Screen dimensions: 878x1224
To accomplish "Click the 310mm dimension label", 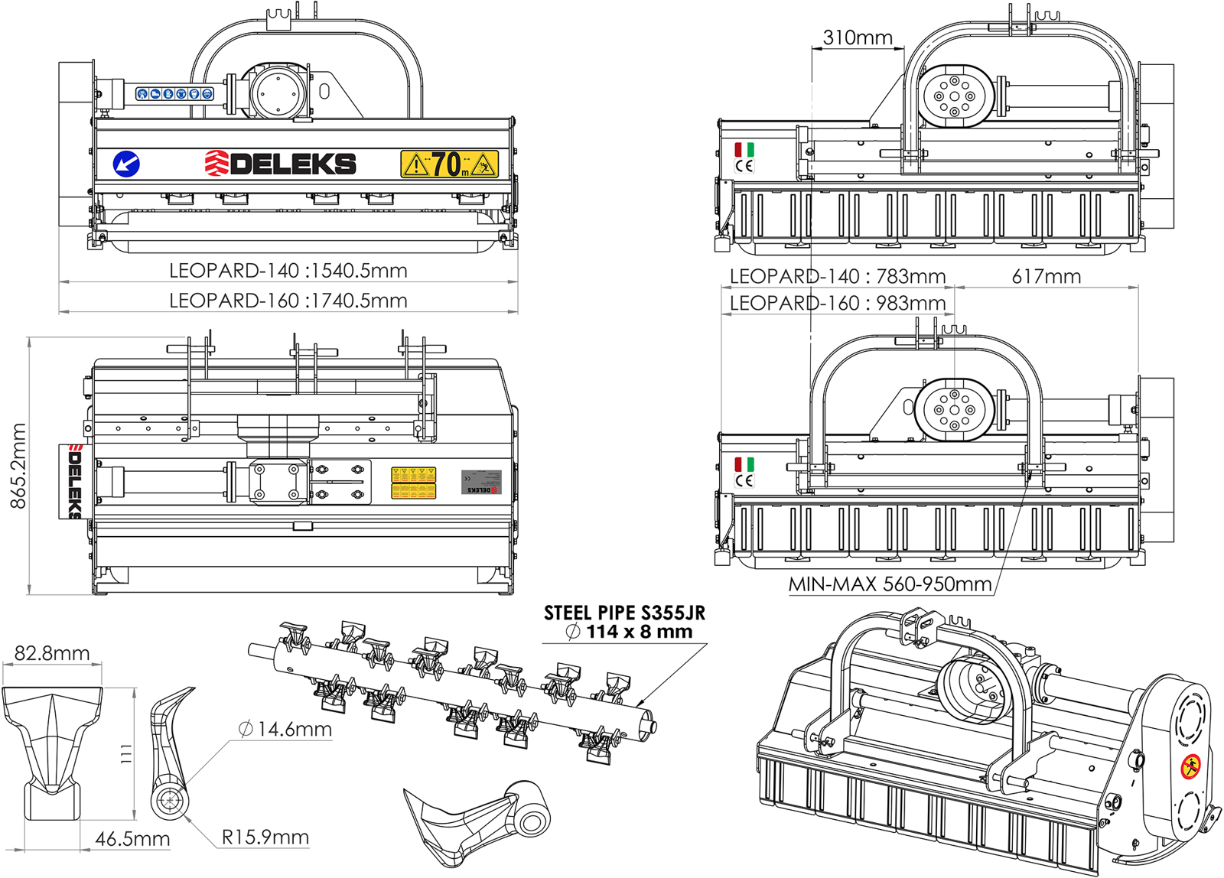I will tap(858, 37).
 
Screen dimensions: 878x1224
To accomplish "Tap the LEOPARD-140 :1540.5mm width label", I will tap(288, 271).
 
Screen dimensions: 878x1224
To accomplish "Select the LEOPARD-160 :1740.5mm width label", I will tap(288, 301).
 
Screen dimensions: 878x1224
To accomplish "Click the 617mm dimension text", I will tap(1046, 277).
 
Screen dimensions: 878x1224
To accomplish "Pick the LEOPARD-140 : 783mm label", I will tap(837, 276).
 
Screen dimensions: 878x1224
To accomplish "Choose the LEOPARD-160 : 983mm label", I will tap(837, 304).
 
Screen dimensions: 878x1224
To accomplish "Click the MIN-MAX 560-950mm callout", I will tap(890, 584).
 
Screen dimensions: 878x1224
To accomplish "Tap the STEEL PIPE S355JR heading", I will tap(624, 613).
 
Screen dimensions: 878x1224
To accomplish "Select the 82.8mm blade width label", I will tap(52, 653).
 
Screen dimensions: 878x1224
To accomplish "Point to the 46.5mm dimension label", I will tap(132, 839).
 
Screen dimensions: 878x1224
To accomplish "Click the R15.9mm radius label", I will tap(265, 837).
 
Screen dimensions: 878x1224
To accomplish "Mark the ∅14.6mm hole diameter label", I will tap(285, 729).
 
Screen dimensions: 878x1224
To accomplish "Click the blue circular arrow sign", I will tap(126, 164).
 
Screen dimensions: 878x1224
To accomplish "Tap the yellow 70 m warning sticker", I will tap(449, 164).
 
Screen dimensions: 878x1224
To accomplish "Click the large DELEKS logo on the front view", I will tap(281, 163).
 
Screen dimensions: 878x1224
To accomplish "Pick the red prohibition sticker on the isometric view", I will tap(1190, 766).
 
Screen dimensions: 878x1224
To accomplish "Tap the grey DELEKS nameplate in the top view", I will tap(481, 483).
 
